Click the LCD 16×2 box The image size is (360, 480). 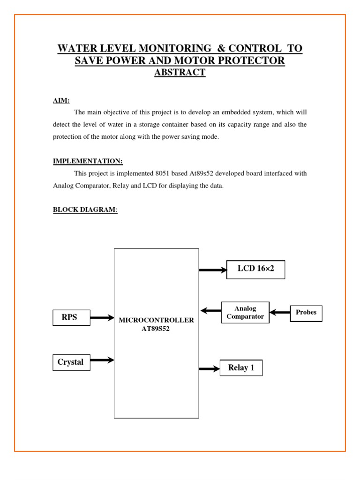point(255,270)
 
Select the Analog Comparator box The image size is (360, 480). point(245,313)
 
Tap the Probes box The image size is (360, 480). point(306,313)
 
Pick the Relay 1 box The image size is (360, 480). point(241,368)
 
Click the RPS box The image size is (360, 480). point(71,318)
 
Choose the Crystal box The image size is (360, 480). point(71,362)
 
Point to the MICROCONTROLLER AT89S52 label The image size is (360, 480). point(156,324)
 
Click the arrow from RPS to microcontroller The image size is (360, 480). point(102,318)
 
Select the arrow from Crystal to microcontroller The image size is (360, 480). point(102,360)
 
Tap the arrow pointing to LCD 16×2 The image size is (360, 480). point(212,270)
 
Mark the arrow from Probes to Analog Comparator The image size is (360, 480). point(280,312)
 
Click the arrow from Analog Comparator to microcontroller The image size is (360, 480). point(210,310)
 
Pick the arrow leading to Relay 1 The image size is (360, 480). point(209,369)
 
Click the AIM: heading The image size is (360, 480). point(61,100)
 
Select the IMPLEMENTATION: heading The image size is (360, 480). point(88,161)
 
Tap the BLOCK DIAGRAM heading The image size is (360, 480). point(84,210)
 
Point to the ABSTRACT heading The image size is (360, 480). point(180,73)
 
